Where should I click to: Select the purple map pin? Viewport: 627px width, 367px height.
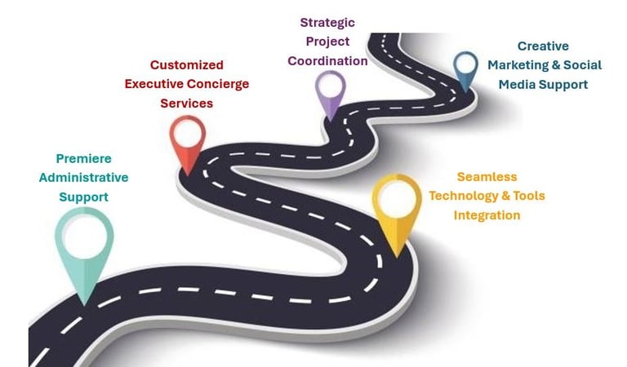pyautogui.click(x=330, y=92)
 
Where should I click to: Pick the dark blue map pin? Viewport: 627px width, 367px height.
pyautogui.click(x=465, y=69)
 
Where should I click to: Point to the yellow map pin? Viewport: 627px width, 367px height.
pyautogui.click(x=397, y=210)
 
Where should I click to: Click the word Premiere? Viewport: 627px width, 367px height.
pyautogui.click(x=83, y=158)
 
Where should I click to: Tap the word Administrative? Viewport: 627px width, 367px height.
pyautogui.click(x=83, y=177)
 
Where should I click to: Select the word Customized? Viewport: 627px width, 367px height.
pyautogui.click(x=187, y=64)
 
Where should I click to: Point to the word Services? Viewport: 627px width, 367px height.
pyautogui.click(x=186, y=104)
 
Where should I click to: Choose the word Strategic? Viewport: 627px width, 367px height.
pyautogui.click(x=327, y=22)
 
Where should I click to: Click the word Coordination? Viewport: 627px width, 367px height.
pyautogui.click(x=327, y=60)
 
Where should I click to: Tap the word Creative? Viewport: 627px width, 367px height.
pyautogui.click(x=543, y=46)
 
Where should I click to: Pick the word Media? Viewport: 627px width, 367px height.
pyautogui.click(x=518, y=84)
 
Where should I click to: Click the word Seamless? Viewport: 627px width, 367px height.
pyautogui.click(x=487, y=176)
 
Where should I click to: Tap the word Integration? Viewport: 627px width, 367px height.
pyautogui.click(x=487, y=215)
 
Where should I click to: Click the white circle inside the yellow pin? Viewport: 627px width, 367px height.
pyautogui.click(x=397, y=198)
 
